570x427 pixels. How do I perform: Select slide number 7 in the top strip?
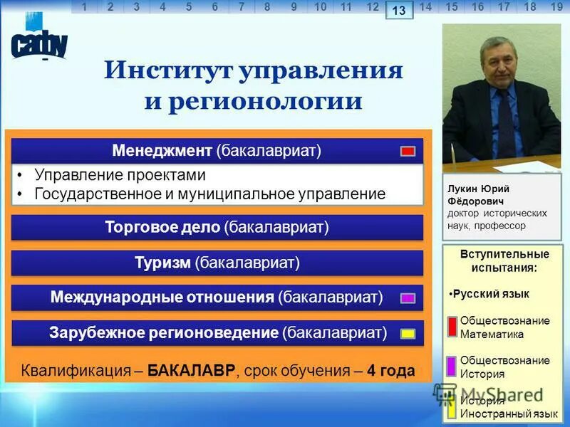point(242,7)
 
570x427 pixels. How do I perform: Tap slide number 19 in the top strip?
point(557,7)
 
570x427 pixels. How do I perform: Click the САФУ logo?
point(39,43)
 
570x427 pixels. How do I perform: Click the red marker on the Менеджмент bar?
point(408,151)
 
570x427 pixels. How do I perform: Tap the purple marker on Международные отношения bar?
point(408,298)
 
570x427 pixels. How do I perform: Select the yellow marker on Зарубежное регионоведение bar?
point(408,333)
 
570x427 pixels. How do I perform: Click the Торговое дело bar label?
point(217,227)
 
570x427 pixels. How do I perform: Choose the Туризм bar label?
point(217,263)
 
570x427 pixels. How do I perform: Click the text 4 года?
point(391,371)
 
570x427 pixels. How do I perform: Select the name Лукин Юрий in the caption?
point(478,188)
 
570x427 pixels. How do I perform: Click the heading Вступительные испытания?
point(504,260)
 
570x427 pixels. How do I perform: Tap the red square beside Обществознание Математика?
point(452,326)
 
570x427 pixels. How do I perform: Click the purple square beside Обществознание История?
point(452,366)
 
